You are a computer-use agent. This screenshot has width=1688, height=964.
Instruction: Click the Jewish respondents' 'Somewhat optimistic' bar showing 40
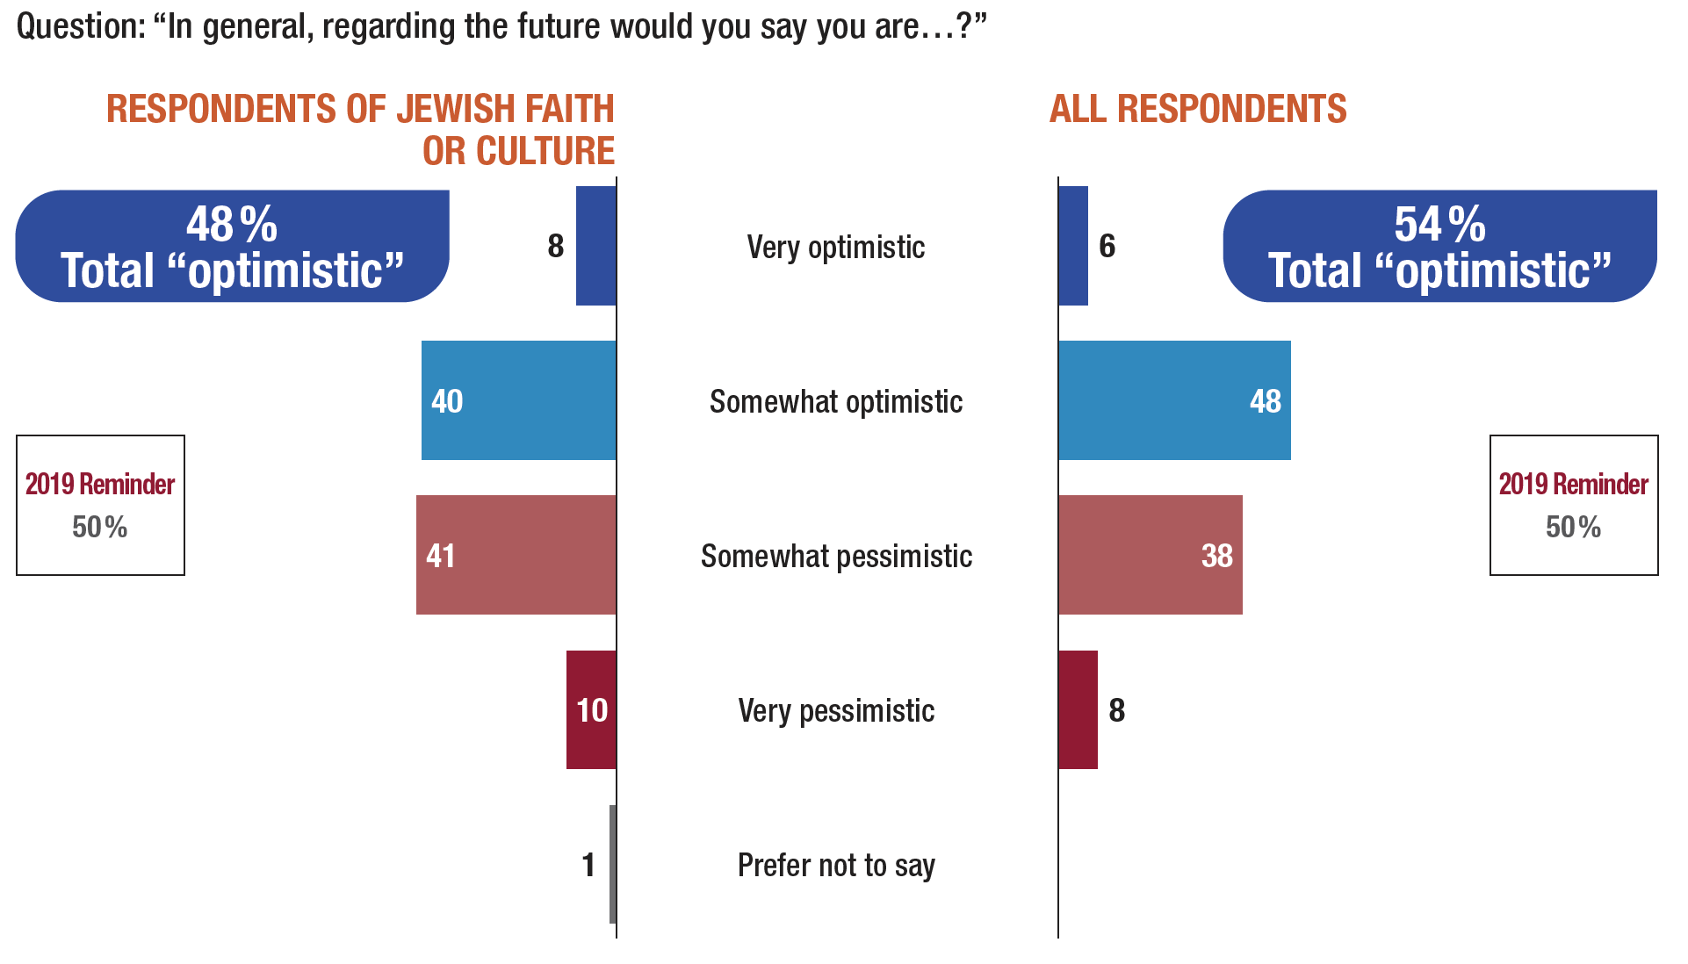pyautogui.click(x=518, y=400)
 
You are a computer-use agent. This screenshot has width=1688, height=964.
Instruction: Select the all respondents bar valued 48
pyautogui.click(x=1174, y=400)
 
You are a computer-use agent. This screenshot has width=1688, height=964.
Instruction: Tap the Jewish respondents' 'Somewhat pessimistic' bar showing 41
pyautogui.click(x=516, y=555)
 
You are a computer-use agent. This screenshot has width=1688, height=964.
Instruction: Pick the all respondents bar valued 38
pyautogui.click(x=1150, y=555)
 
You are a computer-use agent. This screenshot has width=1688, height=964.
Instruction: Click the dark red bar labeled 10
pyautogui.click(x=591, y=709)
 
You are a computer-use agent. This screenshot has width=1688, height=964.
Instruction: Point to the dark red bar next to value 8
pyautogui.click(x=1078, y=709)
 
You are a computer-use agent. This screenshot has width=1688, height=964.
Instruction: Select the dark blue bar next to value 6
pyautogui.click(x=1073, y=246)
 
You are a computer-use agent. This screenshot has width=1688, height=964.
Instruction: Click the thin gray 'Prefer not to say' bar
pyautogui.click(x=612, y=864)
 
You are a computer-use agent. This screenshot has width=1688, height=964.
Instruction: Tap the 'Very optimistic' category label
pyautogui.click(x=835, y=247)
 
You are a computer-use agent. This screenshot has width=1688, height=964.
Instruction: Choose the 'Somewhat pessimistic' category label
pyautogui.click(x=836, y=556)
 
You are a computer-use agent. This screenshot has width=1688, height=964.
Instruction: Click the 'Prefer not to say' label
pyautogui.click(x=836, y=865)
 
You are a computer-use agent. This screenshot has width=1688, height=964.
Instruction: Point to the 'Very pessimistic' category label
pyautogui.click(x=836, y=710)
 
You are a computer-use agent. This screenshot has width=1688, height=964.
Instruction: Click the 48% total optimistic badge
pyautogui.click(x=232, y=246)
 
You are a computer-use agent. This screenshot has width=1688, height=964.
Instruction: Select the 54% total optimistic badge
pyautogui.click(x=1439, y=246)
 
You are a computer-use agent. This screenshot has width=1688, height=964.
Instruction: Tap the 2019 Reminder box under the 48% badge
pyautogui.click(x=100, y=505)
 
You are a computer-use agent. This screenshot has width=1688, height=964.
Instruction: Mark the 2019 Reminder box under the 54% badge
pyautogui.click(x=1573, y=505)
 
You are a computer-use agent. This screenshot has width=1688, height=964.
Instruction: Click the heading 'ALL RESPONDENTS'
pyautogui.click(x=1198, y=109)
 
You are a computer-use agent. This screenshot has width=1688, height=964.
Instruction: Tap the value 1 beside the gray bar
pyautogui.click(x=588, y=865)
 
